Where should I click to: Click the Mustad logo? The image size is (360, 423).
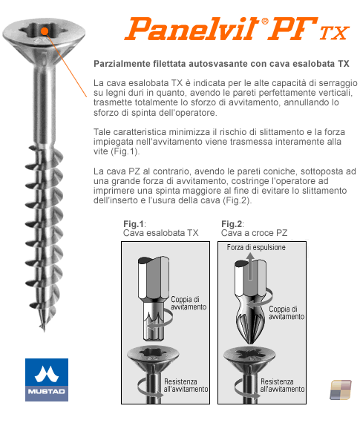click(x=47, y=379)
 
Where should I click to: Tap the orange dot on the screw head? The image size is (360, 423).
click(x=45, y=31)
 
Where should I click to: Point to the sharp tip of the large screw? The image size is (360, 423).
click(x=44, y=330)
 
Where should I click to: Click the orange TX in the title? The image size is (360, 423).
click(x=334, y=33)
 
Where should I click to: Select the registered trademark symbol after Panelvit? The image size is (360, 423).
click(x=265, y=21)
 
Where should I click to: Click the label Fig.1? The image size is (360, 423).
click(x=134, y=224)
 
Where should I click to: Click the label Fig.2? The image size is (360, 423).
click(x=232, y=224)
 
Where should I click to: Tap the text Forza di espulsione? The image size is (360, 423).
click(x=256, y=247)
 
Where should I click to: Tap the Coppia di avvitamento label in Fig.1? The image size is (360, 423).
click(x=189, y=303)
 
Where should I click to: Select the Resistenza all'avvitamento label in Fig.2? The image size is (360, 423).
click(x=282, y=385)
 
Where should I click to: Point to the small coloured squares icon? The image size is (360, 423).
click(x=341, y=390)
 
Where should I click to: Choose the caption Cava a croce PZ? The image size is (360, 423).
click(x=254, y=233)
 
